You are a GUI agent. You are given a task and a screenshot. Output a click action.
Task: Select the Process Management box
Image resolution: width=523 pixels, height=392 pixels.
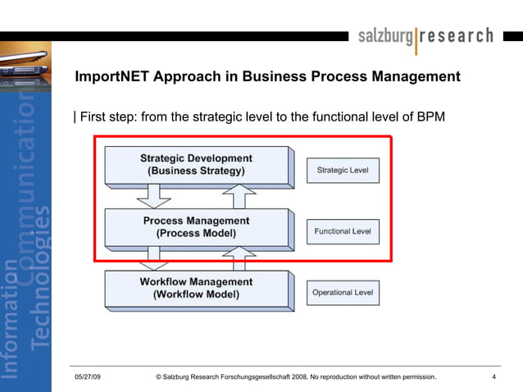pos(196,227)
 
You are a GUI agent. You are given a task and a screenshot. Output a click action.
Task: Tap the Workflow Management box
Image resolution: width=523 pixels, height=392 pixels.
pos(196,289)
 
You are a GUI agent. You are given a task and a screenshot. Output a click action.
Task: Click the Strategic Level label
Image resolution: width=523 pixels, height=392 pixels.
pos(343,171)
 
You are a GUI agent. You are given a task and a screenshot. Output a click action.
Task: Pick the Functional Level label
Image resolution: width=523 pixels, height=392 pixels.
pos(343,231)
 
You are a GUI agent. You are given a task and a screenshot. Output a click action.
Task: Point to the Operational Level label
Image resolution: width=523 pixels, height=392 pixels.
pos(343,293)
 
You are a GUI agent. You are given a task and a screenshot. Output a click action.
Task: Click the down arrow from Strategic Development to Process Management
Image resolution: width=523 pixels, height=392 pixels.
pos(153,197)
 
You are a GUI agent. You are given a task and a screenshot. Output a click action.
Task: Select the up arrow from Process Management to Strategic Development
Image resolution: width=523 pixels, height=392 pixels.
pos(241,197)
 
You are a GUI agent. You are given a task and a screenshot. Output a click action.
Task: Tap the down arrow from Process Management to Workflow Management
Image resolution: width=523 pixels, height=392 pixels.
pos(153,260)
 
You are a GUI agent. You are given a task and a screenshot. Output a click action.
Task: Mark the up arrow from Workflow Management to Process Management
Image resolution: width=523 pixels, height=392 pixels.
pos(241,260)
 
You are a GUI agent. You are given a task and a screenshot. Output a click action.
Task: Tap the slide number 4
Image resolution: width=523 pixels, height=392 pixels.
pos(494,377)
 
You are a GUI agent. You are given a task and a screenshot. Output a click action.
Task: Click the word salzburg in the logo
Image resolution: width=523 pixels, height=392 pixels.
pos(386,36)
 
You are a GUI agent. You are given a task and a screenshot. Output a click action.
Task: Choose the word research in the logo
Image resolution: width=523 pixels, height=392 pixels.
pos(457,36)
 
